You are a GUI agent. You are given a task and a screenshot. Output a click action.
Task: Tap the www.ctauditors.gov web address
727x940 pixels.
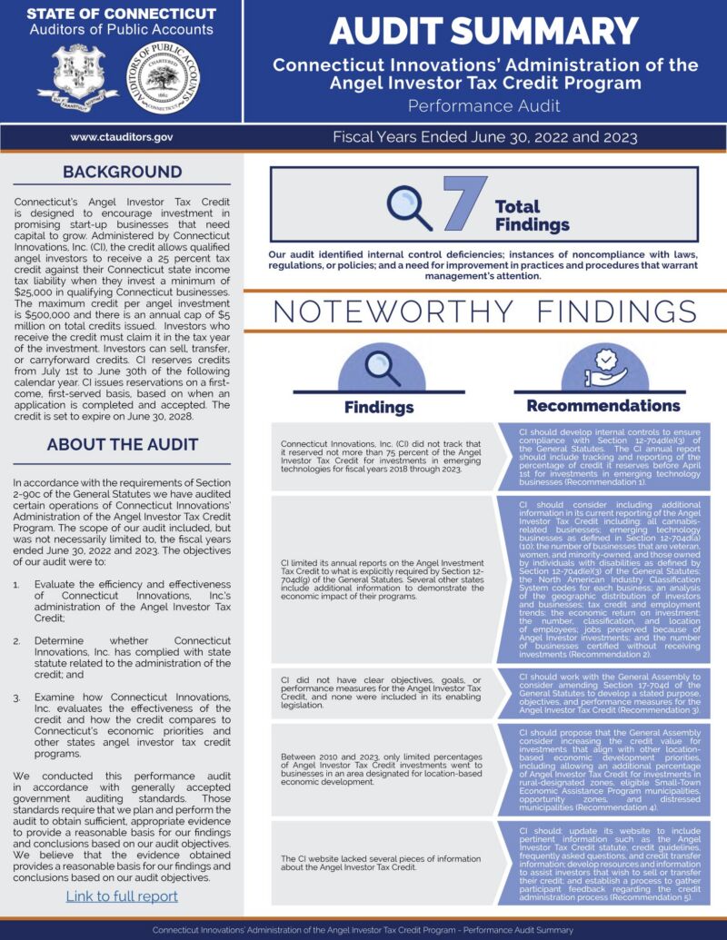(x=122, y=137)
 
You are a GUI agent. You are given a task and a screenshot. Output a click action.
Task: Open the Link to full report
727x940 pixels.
(x=122, y=896)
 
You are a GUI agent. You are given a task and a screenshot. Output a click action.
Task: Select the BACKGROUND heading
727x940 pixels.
(x=122, y=173)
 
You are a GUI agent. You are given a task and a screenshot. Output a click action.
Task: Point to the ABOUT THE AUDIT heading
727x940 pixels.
(x=122, y=444)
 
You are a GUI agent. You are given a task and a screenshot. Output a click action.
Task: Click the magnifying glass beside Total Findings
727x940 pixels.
(x=409, y=207)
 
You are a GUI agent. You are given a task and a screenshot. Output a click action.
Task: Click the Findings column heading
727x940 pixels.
(x=379, y=407)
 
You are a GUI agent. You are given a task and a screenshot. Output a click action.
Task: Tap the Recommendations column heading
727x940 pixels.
(x=603, y=405)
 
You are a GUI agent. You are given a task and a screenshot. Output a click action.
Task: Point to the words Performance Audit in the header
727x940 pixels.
(x=484, y=106)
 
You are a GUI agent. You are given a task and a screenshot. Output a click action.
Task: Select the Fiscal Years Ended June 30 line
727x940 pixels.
(x=484, y=138)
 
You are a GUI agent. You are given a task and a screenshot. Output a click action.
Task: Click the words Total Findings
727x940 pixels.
(x=532, y=215)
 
